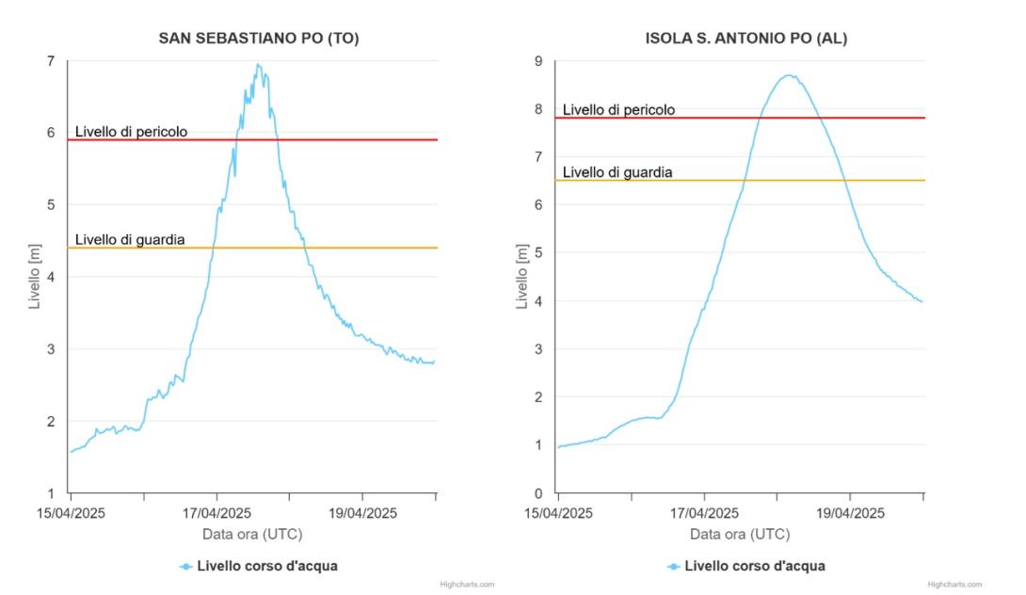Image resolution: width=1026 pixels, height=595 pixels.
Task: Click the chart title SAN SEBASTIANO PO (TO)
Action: [258, 39]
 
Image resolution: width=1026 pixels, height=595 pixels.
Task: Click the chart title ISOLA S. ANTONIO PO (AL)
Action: [745, 39]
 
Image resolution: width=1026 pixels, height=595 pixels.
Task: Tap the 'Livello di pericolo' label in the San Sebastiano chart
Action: [131, 132]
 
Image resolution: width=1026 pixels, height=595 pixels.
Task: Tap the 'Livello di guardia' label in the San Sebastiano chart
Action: [129, 240]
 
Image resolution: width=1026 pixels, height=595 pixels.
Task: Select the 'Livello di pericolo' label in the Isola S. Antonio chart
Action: [618, 110]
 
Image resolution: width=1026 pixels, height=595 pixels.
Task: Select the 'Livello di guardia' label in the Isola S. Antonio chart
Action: [617, 172]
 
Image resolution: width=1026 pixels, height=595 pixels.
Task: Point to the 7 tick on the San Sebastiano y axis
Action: [50, 61]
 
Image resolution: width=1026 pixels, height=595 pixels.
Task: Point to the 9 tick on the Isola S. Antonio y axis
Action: [538, 61]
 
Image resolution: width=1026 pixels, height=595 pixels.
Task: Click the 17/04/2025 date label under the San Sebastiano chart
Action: [216, 513]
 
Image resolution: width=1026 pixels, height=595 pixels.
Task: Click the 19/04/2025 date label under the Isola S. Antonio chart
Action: [850, 513]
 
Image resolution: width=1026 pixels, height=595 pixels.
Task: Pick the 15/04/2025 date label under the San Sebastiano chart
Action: [71, 513]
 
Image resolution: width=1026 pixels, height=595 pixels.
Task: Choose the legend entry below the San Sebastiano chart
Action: [258, 566]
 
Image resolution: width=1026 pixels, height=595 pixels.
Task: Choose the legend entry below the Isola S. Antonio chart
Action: [745, 566]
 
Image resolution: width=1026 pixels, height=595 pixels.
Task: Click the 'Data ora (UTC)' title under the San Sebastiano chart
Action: [252, 534]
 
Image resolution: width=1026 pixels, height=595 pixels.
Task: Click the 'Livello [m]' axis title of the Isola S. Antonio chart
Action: [522, 277]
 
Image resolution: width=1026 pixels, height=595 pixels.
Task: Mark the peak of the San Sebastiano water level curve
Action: [258, 65]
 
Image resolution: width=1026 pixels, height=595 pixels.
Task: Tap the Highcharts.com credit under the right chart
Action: [954, 585]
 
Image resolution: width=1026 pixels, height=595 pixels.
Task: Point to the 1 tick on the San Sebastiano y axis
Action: [50, 492]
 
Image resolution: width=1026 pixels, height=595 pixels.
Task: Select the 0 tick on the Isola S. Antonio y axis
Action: [538, 492]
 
